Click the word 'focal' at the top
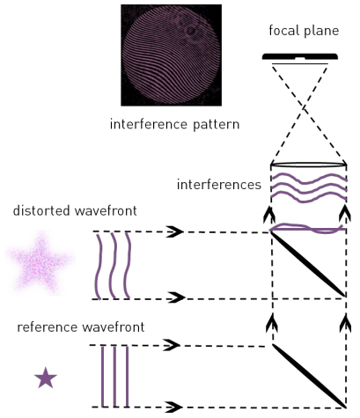click(283, 30)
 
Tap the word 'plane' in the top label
click(321, 31)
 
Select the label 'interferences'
click(219, 185)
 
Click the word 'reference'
click(48, 326)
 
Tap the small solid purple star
click(46, 378)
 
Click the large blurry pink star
click(40, 262)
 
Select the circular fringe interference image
click(171, 55)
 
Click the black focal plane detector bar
click(300, 56)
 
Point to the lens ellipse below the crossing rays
click(309, 165)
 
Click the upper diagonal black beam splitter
click(308, 264)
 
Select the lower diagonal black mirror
click(309, 376)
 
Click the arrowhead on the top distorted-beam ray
click(175, 231)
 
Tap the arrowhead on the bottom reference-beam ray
click(174, 407)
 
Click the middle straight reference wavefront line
click(114, 377)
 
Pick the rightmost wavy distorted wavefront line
click(128, 266)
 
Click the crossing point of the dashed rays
click(305, 107)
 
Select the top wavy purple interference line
click(309, 179)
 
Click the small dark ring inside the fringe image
click(191, 31)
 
